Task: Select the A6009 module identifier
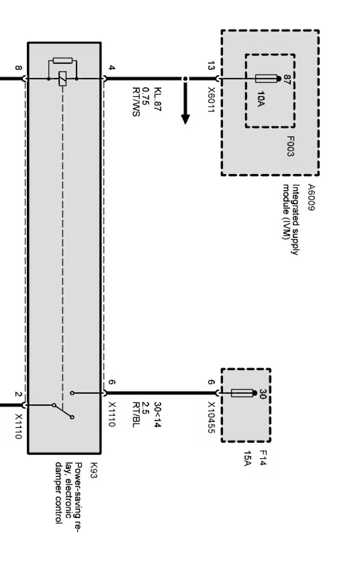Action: pyautogui.click(x=310, y=197)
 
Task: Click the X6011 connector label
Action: pyautogui.click(x=211, y=99)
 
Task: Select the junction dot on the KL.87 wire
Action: pyautogui.click(x=185, y=79)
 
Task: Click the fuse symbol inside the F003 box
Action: pyautogui.click(x=267, y=79)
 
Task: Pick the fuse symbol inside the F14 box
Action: pyautogui.click(x=242, y=393)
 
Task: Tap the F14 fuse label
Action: pyautogui.click(x=263, y=458)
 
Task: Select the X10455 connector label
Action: pyautogui.click(x=211, y=418)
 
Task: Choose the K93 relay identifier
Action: pyautogui.click(x=93, y=470)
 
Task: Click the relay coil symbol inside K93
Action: pyautogui.click(x=62, y=79)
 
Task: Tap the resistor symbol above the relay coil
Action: pyautogui.click(x=63, y=60)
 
